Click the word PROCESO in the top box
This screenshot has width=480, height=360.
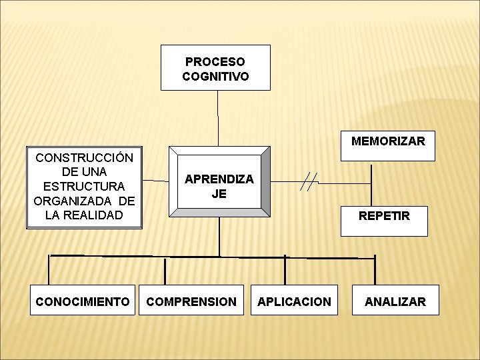pos(215,61)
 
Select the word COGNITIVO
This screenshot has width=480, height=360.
pos(215,76)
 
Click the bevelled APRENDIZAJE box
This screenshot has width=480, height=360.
pos(219,182)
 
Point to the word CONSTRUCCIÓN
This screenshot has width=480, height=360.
pos(84,158)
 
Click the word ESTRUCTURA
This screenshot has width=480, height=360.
pos(84,187)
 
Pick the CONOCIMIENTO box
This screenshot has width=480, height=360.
pos(83,301)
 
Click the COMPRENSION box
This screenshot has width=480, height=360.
pos(191,301)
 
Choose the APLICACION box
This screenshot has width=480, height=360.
pos(295,301)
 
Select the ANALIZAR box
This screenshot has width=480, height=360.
pos(395,301)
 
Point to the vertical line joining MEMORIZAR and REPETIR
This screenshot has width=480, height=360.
pos(371,183)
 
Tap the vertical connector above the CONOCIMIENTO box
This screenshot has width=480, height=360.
pos(49,270)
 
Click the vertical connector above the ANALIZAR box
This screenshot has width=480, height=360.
pos(375,270)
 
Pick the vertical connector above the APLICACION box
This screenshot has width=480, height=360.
pos(285,270)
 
